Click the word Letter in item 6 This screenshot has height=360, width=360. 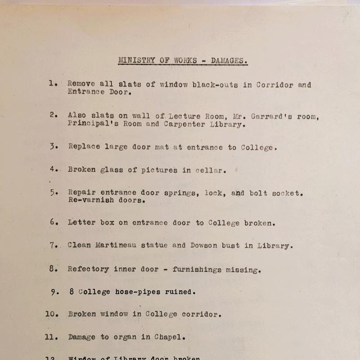point(81,223)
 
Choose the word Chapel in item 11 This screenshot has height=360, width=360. point(170,337)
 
